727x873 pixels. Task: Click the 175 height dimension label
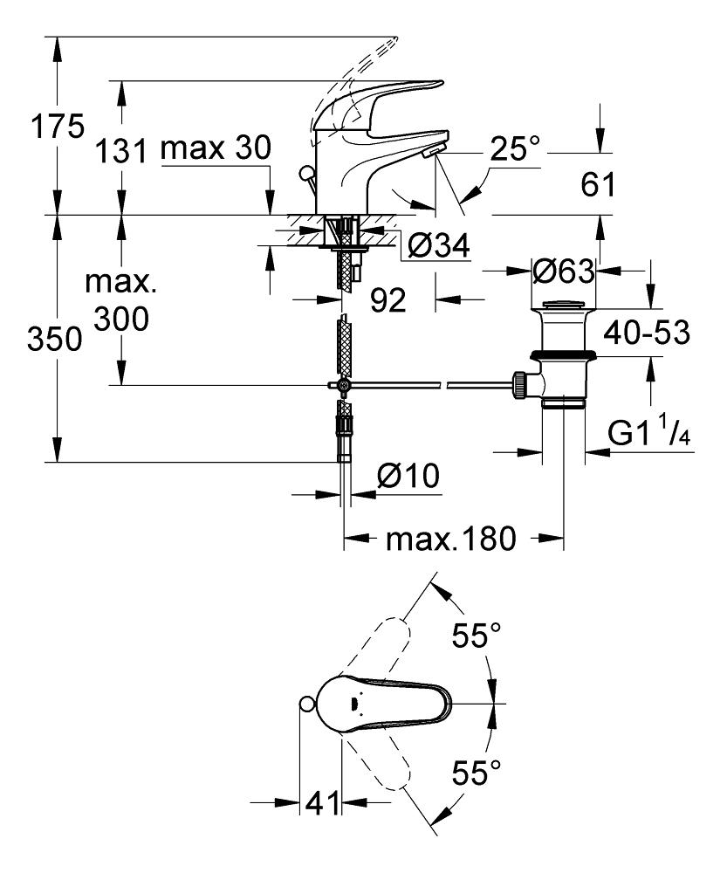(55, 127)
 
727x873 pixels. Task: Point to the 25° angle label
(513, 149)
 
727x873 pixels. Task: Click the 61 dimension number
(598, 184)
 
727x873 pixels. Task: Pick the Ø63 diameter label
(563, 272)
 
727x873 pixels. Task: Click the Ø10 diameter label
(408, 478)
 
